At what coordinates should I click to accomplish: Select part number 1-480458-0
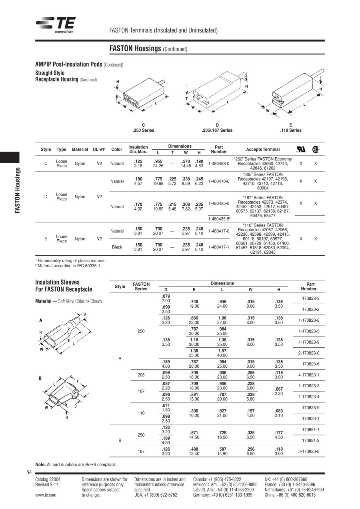[219, 164]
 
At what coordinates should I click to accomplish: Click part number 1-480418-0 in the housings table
[219, 181]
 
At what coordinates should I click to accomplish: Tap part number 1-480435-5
[219, 218]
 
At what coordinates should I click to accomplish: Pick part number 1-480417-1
[219, 247]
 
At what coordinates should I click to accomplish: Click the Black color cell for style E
[117, 247]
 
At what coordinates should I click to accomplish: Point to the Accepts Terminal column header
[263, 149]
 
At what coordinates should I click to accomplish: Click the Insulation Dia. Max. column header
[138, 149]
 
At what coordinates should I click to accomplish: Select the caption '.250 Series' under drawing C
[143, 130]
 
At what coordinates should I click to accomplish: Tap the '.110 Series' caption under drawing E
[291, 130]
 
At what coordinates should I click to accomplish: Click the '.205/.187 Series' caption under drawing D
[217, 130]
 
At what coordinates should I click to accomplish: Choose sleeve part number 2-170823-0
[308, 353]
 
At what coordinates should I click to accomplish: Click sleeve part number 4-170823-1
[308, 375]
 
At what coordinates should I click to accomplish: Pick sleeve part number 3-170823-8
[308, 451]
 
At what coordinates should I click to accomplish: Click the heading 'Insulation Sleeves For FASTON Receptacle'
[64, 286]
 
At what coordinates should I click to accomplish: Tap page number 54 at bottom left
[29, 473]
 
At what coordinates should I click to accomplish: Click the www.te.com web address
[46, 495]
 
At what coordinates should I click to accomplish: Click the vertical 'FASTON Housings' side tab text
[18, 190]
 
